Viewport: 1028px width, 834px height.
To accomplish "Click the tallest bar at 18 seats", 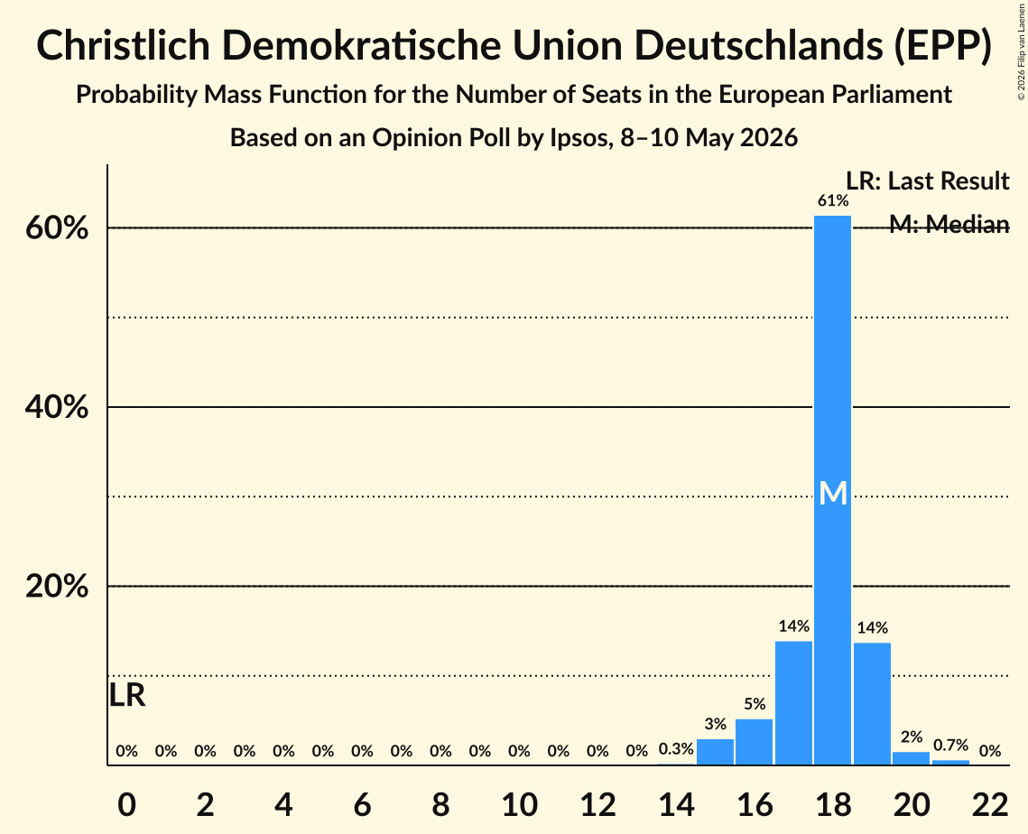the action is point(833,490).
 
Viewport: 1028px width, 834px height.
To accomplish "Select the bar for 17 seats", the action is point(793,703).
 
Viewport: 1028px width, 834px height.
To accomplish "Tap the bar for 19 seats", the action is point(872,703).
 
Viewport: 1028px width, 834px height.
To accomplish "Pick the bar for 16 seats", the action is point(754,742).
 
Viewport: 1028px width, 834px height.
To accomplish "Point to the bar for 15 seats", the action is point(715,752).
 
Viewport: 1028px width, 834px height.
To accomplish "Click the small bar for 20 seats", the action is point(912,758).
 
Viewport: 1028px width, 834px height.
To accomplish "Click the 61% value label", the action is point(833,200).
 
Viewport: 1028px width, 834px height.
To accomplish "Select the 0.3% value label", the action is point(676,749).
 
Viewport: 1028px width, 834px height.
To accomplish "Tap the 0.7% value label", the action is point(950,745).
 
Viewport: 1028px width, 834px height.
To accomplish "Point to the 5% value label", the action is point(755,704).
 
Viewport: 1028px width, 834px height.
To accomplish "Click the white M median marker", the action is point(833,493).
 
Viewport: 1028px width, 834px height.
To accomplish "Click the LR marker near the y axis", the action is point(127,695).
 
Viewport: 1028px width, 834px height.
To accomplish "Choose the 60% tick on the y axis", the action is point(56,228).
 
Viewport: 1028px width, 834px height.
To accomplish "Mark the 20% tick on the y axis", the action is point(56,586).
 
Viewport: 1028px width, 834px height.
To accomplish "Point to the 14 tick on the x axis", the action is point(676,804).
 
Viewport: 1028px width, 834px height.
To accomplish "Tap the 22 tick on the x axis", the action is point(990,804).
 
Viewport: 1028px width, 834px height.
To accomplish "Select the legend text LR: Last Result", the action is point(927,181).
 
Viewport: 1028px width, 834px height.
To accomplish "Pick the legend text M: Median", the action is point(949,224).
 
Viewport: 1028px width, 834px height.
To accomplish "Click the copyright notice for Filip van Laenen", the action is point(1021,51).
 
